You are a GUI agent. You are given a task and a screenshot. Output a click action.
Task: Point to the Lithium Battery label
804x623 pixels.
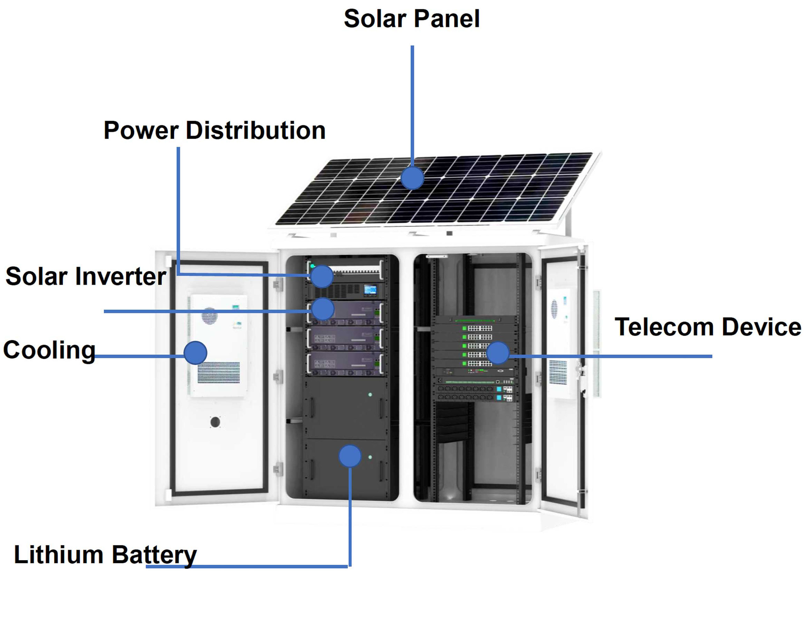point(105,554)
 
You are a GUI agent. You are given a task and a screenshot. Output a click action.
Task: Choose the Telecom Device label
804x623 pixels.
point(708,327)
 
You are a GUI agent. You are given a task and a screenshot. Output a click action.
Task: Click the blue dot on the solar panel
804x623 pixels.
point(412,178)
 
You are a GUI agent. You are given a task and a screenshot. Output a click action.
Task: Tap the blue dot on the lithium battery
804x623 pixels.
point(350,456)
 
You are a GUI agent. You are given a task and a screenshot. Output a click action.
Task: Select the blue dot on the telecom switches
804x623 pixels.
point(498,353)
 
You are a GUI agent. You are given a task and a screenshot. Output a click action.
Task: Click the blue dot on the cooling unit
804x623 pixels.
point(195,353)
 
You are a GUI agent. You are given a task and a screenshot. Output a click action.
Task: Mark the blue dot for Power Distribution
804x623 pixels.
point(322,276)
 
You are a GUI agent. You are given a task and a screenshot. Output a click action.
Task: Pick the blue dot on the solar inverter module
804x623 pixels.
point(323,309)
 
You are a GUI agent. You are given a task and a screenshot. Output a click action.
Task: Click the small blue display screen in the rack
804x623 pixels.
point(370,289)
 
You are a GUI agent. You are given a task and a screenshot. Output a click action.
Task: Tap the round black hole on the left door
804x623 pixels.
point(215,422)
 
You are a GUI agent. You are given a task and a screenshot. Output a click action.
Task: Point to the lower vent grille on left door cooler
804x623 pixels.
point(219,372)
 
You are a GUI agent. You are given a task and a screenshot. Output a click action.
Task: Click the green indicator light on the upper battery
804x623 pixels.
point(370,394)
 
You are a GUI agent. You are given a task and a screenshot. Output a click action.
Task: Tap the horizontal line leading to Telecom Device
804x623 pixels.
point(611,356)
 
